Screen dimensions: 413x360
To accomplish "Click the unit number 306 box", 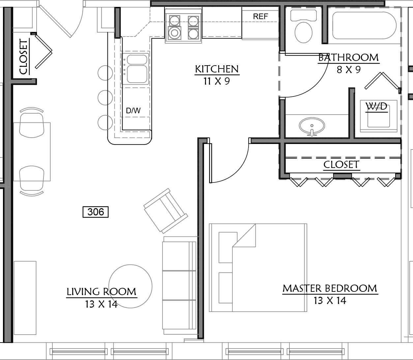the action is (x=96, y=212).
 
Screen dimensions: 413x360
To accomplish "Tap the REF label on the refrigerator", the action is (x=260, y=16).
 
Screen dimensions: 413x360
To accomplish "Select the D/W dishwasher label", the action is (x=133, y=111).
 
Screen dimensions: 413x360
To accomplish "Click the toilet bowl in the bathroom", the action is (x=303, y=32).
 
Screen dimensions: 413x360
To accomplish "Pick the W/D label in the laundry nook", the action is (x=376, y=106).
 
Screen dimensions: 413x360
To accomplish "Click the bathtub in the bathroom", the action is (x=364, y=25).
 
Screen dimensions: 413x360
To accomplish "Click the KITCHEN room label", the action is (x=217, y=69).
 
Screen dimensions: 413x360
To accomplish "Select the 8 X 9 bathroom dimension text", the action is (x=348, y=70).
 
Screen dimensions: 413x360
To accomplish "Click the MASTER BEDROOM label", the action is (x=330, y=289).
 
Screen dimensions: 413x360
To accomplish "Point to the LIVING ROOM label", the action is (x=102, y=292).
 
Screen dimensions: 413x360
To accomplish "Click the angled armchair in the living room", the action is (x=166, y=211).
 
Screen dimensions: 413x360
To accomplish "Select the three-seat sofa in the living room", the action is (x=180, y=285).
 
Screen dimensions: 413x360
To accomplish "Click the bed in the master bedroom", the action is (x=258, y=268).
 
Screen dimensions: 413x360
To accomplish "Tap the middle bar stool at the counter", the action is (x=105, y=97).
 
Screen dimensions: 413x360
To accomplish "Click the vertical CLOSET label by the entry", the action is (x=24, y=57).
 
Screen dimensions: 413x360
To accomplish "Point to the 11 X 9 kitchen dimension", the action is (x=217, y=81).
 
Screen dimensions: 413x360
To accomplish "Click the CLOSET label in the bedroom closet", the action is (x=341, y=165).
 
